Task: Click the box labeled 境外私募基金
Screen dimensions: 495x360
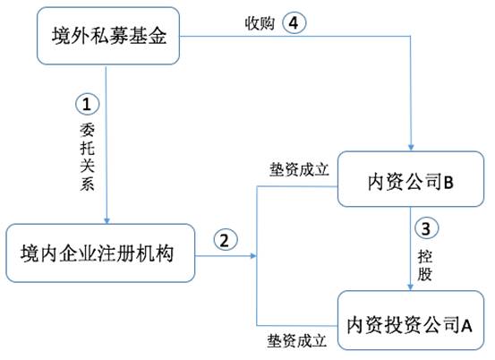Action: (108, 36)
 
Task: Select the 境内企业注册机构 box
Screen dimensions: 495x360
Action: (100, 253)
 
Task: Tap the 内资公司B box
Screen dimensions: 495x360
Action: (411, 179)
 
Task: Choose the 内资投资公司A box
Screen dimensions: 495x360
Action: (411, 321)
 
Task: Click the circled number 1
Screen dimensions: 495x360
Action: (87, 104)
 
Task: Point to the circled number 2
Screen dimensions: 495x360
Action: (226, 240)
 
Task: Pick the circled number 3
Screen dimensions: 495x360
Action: (426, 228)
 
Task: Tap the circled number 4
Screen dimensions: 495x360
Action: (294, 22)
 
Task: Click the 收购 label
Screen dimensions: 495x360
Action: (260, 23)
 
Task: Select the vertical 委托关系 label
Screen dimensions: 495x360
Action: (87, 157)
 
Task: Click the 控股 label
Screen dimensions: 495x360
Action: (424, 266)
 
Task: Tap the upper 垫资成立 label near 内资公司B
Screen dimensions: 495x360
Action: (299, 169)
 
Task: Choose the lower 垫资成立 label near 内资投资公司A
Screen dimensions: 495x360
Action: (297, 341)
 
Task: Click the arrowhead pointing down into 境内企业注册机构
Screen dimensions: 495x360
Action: (107, 220)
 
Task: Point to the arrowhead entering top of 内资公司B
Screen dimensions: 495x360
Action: (411, 148)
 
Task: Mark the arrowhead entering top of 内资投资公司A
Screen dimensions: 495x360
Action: (410, 287)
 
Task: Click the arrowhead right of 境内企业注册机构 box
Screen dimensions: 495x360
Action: (253, 256)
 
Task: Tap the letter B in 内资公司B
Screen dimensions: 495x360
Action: (448, 183)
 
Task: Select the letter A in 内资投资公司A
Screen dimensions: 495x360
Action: (466, 325)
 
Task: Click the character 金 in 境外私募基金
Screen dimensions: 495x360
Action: (157, 35)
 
